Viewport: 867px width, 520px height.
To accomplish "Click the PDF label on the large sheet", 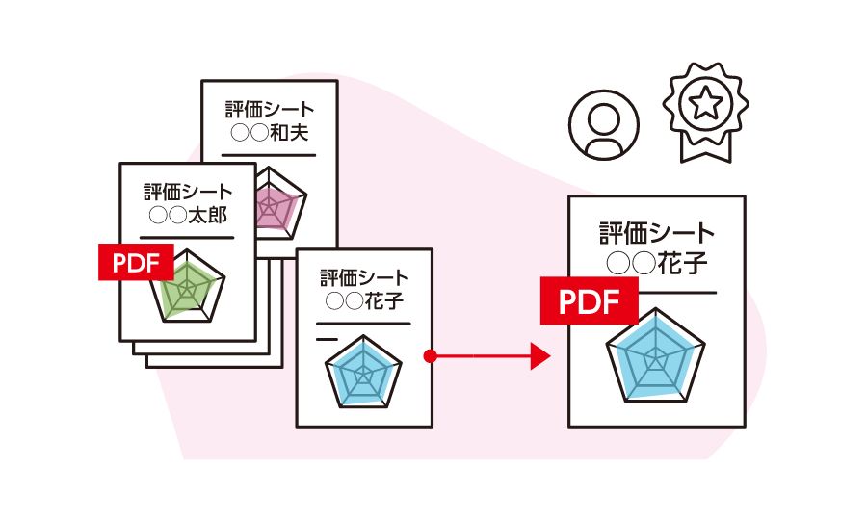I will coord(589,301).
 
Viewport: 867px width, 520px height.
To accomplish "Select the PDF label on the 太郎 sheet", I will coord(136,263).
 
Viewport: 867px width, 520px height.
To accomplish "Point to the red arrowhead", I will coord(540,356).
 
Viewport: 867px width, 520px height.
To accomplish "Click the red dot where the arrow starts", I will coord(431,356).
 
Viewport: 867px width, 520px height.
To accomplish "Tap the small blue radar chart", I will coord(364,373).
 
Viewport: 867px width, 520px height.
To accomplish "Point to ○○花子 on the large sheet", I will coord(656,263).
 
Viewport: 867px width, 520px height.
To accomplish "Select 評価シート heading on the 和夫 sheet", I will coord(270,109).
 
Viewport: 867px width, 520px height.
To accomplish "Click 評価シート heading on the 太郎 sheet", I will coord(188,192).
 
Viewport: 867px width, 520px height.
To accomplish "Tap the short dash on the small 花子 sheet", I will coord(327,339).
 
